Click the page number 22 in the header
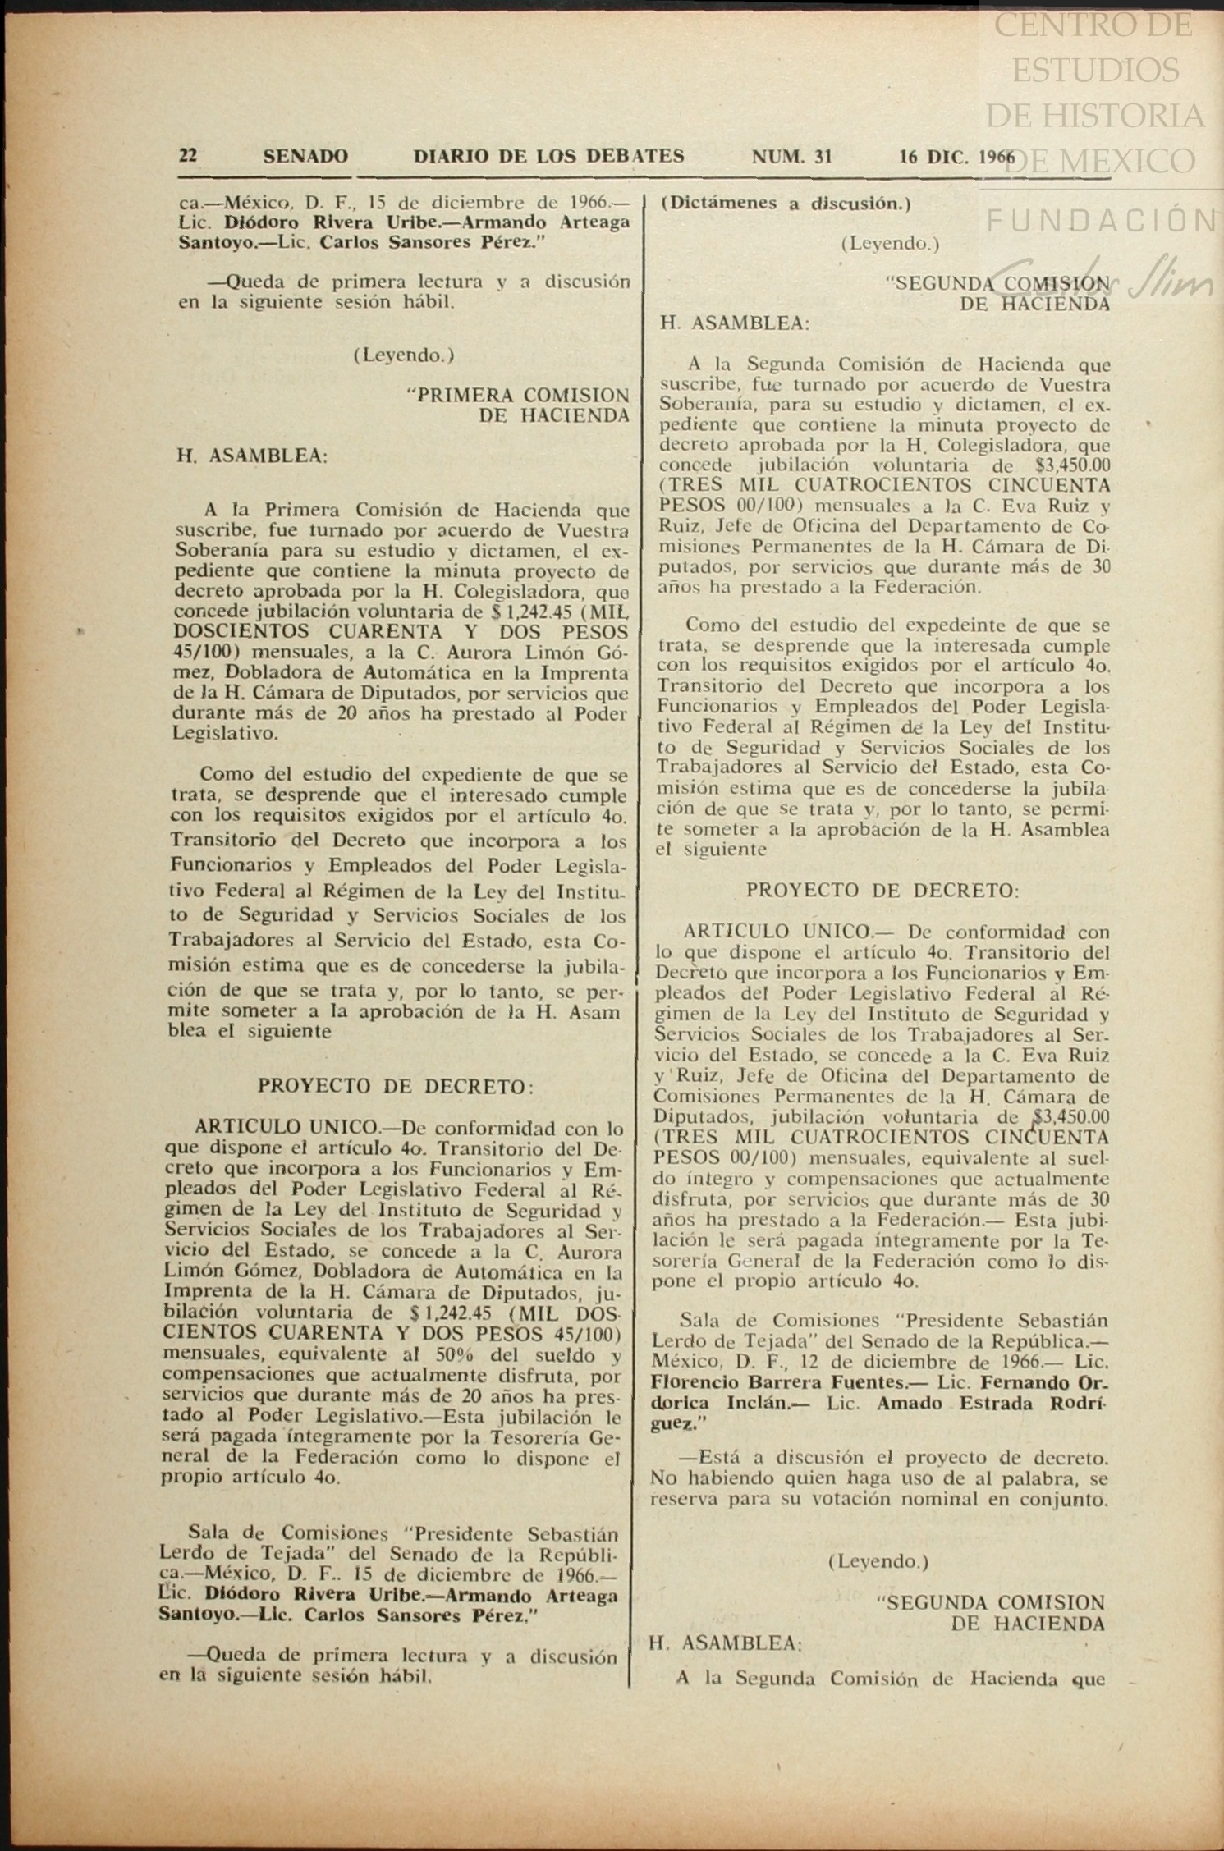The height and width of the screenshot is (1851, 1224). (x=188, y=156)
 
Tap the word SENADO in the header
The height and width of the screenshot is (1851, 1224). (x=305, y=156)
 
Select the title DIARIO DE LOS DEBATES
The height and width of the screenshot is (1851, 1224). (x=548, y=156)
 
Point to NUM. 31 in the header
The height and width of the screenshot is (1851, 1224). (x=791, y=156)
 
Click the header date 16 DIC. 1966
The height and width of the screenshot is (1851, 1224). (x=956, y=157)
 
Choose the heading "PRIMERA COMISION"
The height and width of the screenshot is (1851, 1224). (x=518, y=395)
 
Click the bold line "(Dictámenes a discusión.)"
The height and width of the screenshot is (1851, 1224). (x=786, y=204)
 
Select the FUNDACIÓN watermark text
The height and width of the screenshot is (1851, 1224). (x=1101, y=220)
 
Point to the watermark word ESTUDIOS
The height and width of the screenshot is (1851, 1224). (x=1095, y=70)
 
